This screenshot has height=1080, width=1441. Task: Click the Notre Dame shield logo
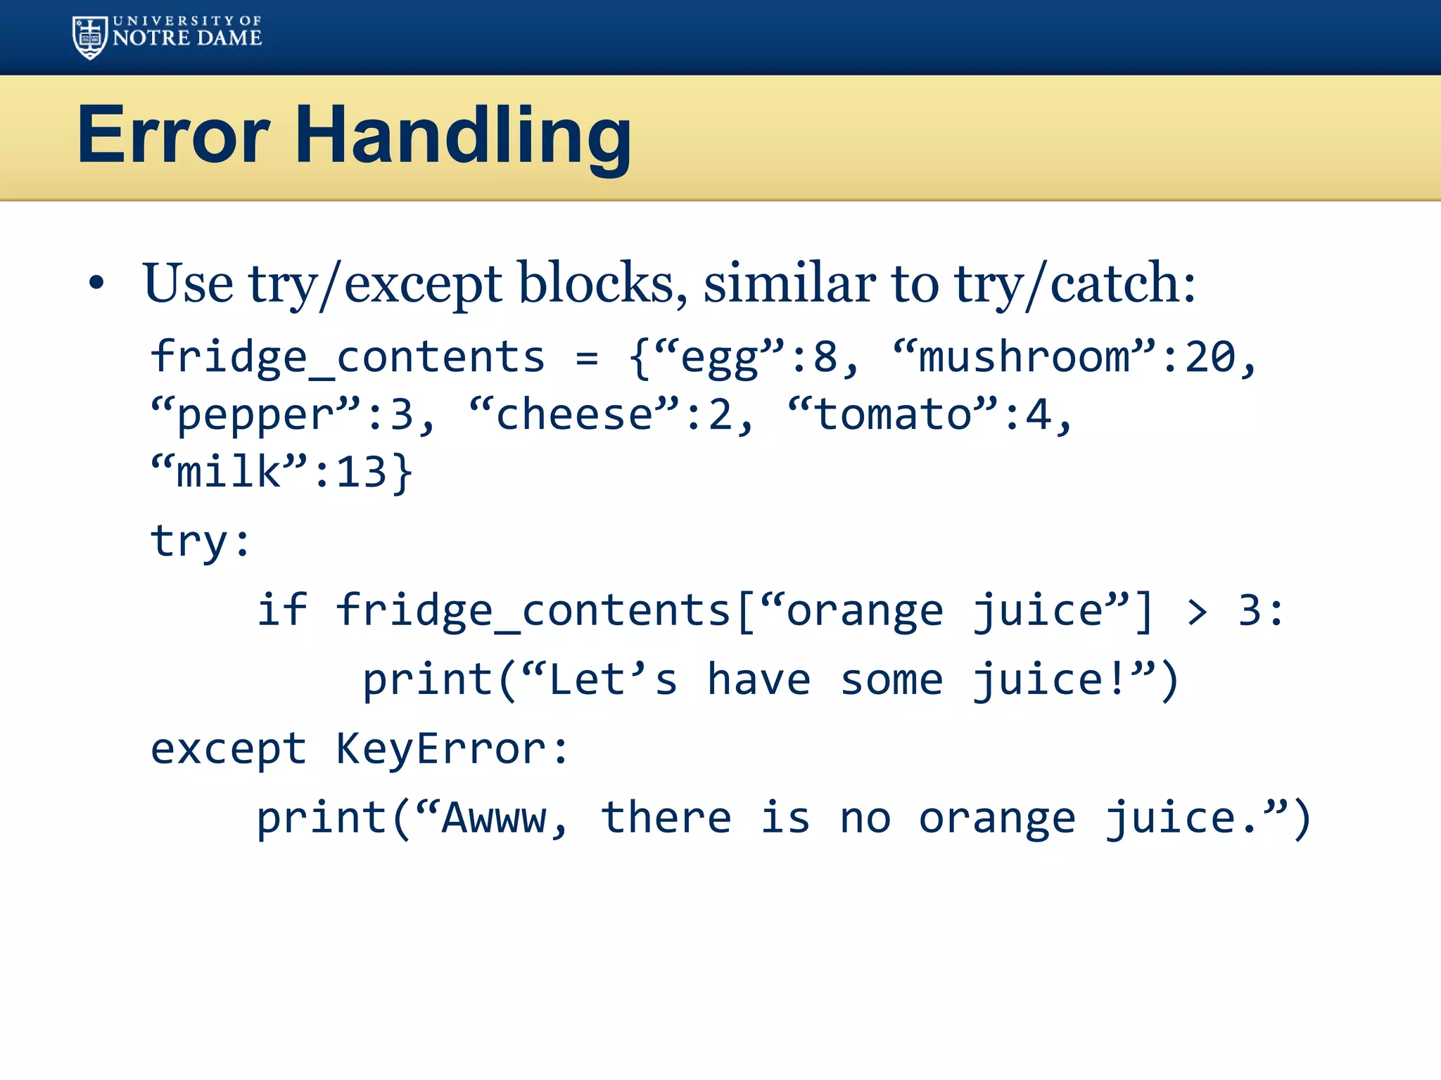(89, 37)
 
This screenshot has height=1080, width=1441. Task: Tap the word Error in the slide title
(173, 135)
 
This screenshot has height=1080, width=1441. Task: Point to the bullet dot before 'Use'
(96, 283)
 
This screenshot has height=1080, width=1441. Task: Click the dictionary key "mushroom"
(1024, 356)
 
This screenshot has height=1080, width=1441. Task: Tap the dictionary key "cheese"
(574, 414)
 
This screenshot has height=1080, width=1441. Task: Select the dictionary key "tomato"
(892, 414)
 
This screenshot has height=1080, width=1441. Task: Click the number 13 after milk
(361, 472)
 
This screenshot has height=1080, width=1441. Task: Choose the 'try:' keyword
(201, 541)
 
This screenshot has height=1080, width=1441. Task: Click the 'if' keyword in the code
(282, 610)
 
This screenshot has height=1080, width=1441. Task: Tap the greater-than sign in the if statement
(1197, 611)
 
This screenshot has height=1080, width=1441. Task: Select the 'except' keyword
(229, 750)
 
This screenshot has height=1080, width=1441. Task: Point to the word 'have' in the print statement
(759, 680)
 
